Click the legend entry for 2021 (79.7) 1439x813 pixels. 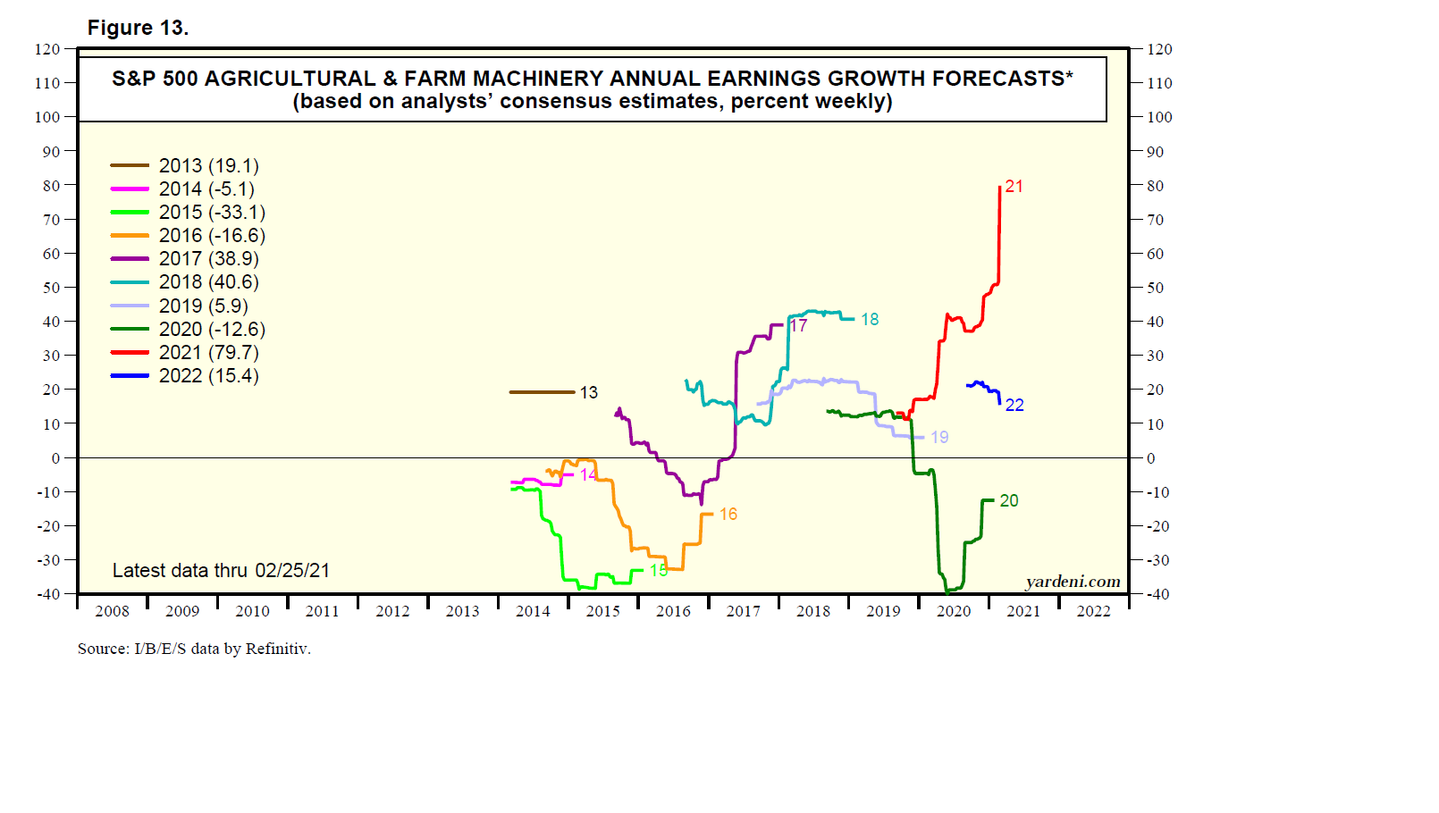point(208,353)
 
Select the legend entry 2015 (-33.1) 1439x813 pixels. point(212,213)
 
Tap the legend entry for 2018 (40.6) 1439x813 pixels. point(208,282)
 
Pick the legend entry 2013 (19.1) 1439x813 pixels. point(208,166)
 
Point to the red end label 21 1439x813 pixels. point(1014,187)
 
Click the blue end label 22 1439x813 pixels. point(1014,406)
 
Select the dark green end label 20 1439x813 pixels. point(1009,501)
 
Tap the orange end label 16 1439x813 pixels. point(728,515)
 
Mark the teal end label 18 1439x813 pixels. point(870,320)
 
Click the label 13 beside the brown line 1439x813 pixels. point(589,393)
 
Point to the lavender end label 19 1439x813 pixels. point(939,438)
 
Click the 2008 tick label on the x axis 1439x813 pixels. point(113,611)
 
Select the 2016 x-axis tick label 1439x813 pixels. point(673,611)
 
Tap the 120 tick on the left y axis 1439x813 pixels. point(47,49)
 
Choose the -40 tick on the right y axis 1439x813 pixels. point(1157,594)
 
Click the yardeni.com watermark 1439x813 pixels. point(1073,582)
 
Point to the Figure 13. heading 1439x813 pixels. point(138,29)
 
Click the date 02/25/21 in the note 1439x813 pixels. point(292,571)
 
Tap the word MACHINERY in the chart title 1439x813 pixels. point(536,79)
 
